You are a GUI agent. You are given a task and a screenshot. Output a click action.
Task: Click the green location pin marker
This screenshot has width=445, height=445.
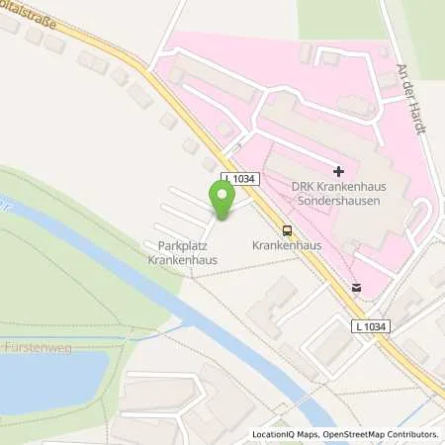tap(222, 200)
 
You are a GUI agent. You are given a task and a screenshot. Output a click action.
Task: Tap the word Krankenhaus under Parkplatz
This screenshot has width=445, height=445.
tap(183, 260)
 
